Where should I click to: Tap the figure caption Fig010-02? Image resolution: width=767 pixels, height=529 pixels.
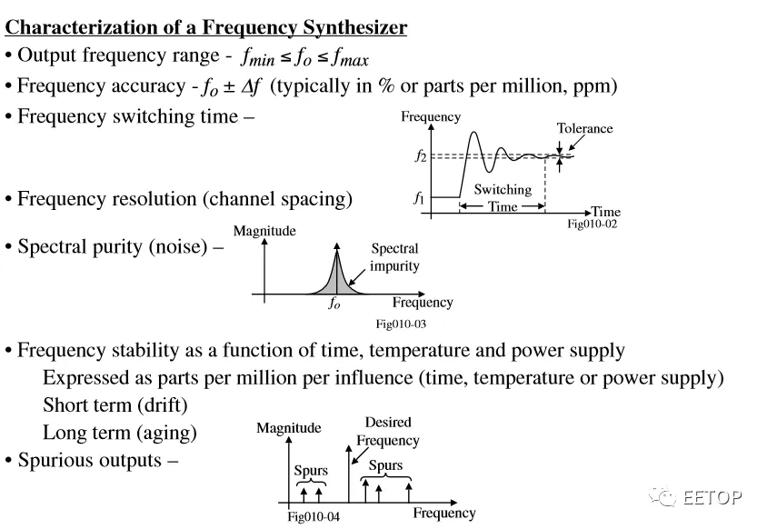click(592, 224)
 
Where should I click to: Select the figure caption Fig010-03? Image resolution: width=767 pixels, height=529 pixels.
click(401, 324)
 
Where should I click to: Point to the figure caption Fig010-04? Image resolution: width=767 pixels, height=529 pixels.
click(314, 517)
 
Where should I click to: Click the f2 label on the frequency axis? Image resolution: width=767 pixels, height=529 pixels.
click(420, 156)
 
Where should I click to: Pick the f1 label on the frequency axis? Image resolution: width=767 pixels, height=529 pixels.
click(419, 197)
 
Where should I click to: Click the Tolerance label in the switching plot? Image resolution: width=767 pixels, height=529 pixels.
click(584, 129)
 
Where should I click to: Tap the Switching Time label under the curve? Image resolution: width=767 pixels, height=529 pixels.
click(503, 198)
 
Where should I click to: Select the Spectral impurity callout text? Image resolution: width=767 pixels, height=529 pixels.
click(394, 257)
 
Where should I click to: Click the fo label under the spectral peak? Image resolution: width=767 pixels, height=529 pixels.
click(334, 304)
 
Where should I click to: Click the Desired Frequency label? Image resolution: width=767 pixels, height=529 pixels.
click(387, 432)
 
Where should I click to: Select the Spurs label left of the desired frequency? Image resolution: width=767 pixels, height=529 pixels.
click(311, 471)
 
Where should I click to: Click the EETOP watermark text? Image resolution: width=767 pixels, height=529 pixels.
click(712, 498)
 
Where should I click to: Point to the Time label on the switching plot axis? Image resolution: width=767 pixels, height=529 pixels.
click(605, 212)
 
